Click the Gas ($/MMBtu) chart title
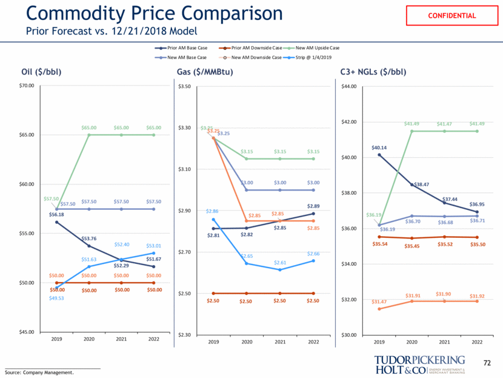point(205,72)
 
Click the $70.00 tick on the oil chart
point(27,86)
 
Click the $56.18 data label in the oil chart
point(56,215)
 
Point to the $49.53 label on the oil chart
point(56,298)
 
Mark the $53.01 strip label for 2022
point(154,246)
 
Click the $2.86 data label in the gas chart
point(213,211)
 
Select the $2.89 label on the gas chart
point(313,206)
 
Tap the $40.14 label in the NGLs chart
point(379,147)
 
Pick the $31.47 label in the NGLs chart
point(379,302)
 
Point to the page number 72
point(486,363)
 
